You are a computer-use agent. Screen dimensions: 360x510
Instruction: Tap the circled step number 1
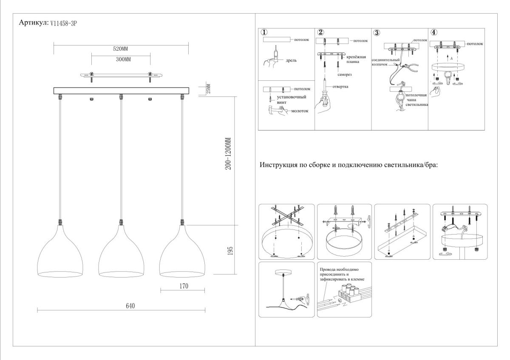pos(264,32)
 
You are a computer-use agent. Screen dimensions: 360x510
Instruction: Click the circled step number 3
pos(377,32)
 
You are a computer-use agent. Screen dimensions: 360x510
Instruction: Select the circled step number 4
pos(433,32)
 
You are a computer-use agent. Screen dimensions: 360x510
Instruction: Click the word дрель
pos(291,60)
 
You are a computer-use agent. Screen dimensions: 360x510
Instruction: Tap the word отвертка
pos(340,87)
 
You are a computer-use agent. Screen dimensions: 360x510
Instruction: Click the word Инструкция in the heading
pos(281,165)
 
